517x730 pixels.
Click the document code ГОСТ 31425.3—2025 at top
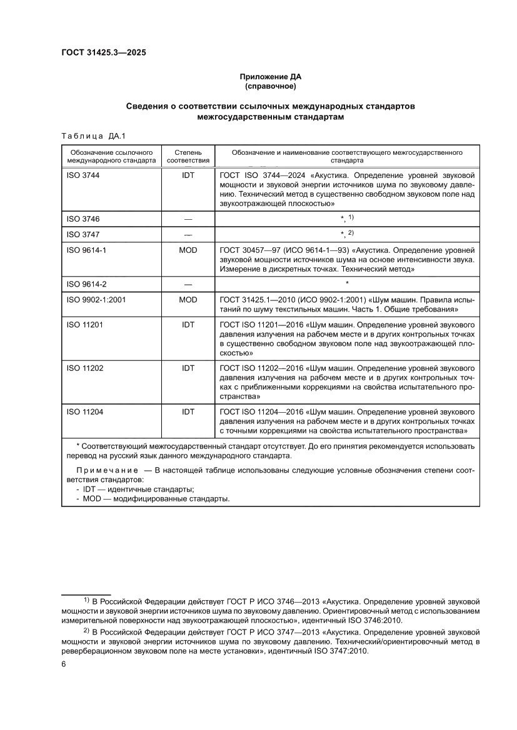click(104, 53)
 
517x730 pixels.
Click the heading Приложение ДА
click(270, 76)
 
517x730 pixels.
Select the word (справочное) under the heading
click(270, 86)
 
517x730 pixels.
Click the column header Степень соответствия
click(188, 155)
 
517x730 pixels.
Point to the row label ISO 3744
click(83, 175)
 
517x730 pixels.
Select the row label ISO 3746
click(83, 219)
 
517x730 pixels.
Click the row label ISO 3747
click(83, 235)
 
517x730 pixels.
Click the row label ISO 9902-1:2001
click(96, 300)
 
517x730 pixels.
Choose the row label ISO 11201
click(85, 325)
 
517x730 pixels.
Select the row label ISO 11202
click(85, 368)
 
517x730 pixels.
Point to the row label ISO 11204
click(85, 412)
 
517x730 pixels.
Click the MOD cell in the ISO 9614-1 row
click(188, 250)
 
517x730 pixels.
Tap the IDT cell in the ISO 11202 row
click(188, 368)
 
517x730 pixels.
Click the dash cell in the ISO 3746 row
click(188, 219)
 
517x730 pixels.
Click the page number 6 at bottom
click(64, 664)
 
